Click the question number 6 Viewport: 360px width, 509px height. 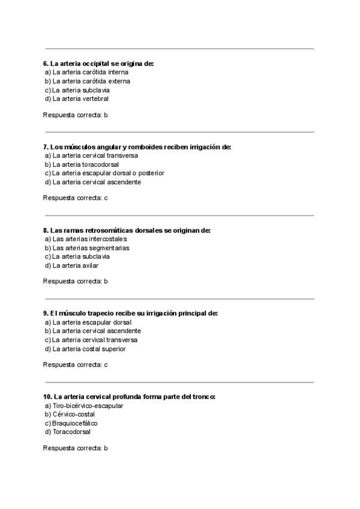click(46, 63)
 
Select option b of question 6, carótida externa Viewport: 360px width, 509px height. click(91, 81)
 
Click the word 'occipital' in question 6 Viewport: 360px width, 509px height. click(96, 63)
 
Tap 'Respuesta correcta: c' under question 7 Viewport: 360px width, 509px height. click(75, 197)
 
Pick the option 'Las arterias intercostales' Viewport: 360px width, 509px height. click(89, 239)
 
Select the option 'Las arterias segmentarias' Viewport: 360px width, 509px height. click(91, 248)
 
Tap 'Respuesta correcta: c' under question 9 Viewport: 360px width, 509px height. click(75, 364)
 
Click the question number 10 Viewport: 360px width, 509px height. click(47, 397)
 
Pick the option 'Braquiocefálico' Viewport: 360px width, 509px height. click(75, 423)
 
